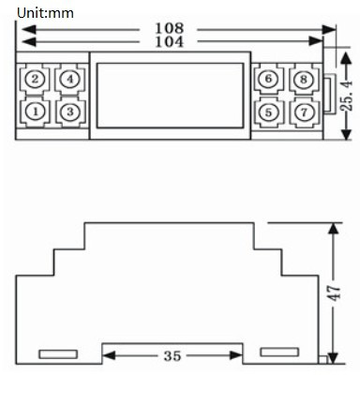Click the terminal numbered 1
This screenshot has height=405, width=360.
[x=35, y=112]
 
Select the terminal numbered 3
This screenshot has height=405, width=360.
[x=67, y=112]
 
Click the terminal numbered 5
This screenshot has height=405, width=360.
[x=268, y=112]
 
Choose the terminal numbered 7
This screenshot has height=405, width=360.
[x=302, y=112]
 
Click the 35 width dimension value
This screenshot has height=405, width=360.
[x=172, y=355]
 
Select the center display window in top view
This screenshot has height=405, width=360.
[x=169, y=94]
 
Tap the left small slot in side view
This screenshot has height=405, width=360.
[x=58, y=354]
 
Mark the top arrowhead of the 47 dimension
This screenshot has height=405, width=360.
[x=332, y=228]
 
